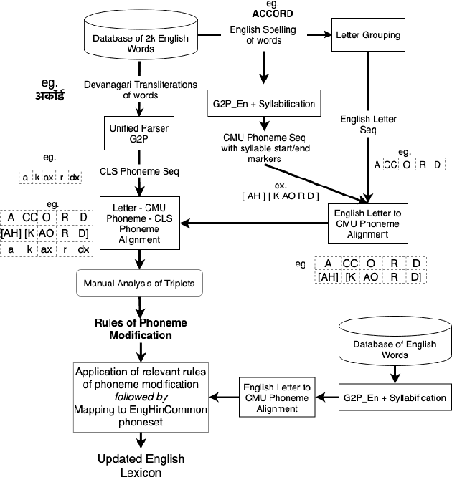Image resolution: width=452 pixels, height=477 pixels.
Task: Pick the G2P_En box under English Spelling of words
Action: tap(263, 103)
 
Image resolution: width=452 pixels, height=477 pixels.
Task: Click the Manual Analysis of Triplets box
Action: tap(140, 283)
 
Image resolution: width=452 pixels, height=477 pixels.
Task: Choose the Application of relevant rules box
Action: tap(141, 397)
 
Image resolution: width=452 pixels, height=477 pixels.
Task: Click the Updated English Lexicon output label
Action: tap(141, 465)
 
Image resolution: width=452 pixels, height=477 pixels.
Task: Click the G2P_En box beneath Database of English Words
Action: tap(393, 397)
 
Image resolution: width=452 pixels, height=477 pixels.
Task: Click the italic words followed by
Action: tap(141, 396)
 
